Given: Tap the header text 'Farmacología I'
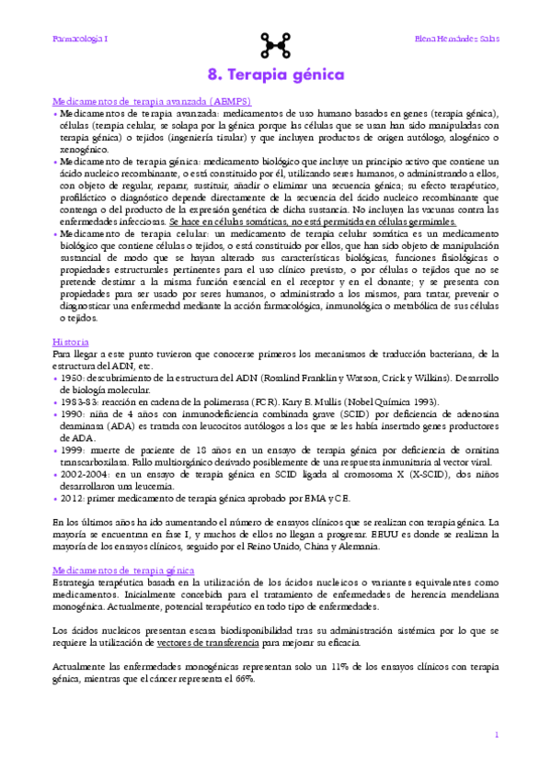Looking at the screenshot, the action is point(80,40).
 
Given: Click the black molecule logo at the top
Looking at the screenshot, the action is point(275,42).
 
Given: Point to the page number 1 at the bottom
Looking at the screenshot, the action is point(496,735).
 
